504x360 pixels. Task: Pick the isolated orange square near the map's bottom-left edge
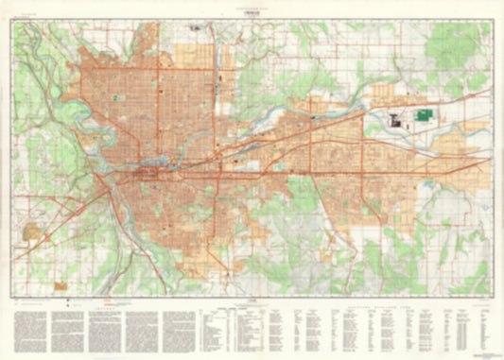tap(61, 286)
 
